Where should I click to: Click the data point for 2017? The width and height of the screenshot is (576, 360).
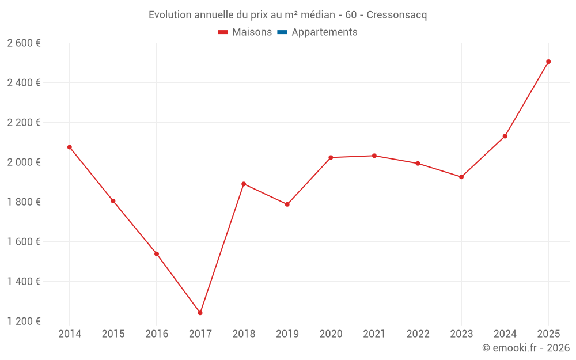[x=200, y=313]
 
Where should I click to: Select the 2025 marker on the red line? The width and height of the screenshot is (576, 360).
[x=548, y=62]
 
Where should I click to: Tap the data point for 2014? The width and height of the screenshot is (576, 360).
[x=70, y=147]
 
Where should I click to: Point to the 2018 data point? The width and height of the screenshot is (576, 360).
[x=244, y=184]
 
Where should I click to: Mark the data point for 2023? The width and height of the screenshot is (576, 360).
[x=461, y=177]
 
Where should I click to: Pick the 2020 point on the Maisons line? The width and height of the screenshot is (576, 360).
[x=331, y=157]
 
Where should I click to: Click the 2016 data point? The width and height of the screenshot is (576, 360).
[x=157, y=253]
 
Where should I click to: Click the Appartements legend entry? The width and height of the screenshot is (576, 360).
[x=324, y=32]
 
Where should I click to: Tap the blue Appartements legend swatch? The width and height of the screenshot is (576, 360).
[x=282, y=32]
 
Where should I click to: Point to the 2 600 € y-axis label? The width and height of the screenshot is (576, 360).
[x=24, y=43]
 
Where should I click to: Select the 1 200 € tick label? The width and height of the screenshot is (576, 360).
[x=24, y=321]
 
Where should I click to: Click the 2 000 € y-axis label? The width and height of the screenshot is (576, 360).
[x=24, y=162]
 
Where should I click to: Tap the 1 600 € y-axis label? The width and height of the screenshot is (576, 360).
[x=24, y=241]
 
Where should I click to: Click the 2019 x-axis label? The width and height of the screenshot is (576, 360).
[x=287, y=334]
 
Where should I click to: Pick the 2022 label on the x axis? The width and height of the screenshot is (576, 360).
[x=418, y=334]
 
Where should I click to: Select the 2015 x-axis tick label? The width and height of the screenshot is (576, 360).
[x=113, y=334]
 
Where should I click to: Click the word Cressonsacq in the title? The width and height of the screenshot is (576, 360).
[x=397, y=15]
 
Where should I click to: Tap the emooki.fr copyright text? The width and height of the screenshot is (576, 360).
[x=525, y=348]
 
